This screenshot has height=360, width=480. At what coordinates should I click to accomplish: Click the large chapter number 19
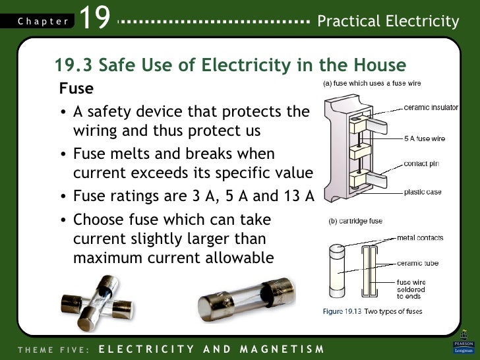tap(94, 17)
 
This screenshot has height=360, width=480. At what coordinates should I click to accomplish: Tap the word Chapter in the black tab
tap(43, 21)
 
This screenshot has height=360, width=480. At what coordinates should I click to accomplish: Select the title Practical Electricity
tap(388, 21)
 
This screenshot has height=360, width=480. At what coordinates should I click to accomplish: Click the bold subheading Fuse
tap(76, 88)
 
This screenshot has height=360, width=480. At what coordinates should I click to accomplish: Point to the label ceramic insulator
tap(431, 107)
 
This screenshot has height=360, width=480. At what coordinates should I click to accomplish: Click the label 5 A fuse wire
tap(425, 138)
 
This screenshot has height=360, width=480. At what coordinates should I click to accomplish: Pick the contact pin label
tap(421, 164)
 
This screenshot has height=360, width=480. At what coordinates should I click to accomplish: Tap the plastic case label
tap(423, 193)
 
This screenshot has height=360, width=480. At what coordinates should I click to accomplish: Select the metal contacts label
tap(420, 238)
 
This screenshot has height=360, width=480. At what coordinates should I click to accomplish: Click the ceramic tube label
tap(417, 263)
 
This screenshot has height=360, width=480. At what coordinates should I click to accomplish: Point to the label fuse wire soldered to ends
tap(411, 289)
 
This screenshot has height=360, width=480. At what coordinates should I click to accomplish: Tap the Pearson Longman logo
tap(464, 342)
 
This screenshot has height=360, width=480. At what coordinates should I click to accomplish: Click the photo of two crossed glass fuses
tap(98, 303)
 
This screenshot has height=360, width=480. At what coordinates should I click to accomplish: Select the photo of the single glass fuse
tap(247, 300)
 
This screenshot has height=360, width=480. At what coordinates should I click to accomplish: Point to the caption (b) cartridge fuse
tap(355, 221)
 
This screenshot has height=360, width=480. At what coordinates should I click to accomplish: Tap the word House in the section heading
tap(380, 65)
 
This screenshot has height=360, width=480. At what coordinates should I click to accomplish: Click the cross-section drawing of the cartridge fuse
tap(369, 271)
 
